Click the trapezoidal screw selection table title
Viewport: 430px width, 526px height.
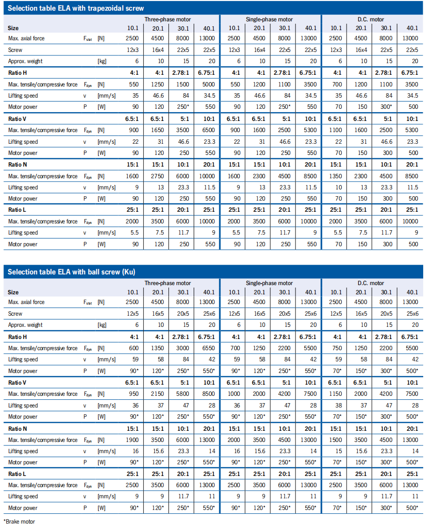coord(76,8)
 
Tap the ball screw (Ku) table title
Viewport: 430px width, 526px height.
coord(71,271)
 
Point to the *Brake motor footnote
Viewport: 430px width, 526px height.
coord(19,521)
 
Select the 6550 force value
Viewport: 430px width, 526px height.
coord(207,348)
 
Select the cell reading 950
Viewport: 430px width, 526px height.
coord(133,394)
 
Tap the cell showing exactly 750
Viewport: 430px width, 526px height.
coord(336,348)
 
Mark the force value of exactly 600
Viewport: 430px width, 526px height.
coord(133,348)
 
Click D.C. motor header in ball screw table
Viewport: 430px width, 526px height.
coord(370,283)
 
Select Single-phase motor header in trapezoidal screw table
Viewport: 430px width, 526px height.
coord(269,19)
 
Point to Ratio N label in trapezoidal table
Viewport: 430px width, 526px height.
coord(17,165)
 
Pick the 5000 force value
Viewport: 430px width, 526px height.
coord(207,85)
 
